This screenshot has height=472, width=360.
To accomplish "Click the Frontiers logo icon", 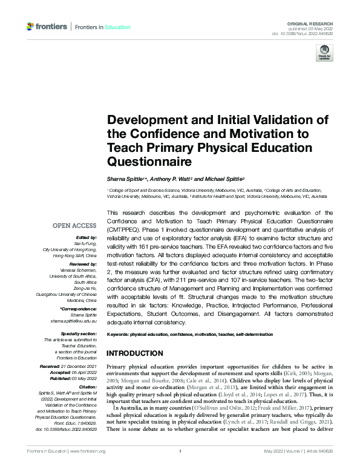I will tap(30, 27).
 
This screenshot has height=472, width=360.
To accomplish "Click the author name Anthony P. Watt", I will tap(174, 180).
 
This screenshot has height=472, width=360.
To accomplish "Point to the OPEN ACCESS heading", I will tap(75, 226).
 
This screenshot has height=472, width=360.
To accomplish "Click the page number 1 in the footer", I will tap(180, 451).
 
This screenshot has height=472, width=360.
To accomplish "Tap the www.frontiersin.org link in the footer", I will tap(89, 451).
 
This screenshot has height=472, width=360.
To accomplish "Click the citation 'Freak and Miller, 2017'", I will tap(284, 409).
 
